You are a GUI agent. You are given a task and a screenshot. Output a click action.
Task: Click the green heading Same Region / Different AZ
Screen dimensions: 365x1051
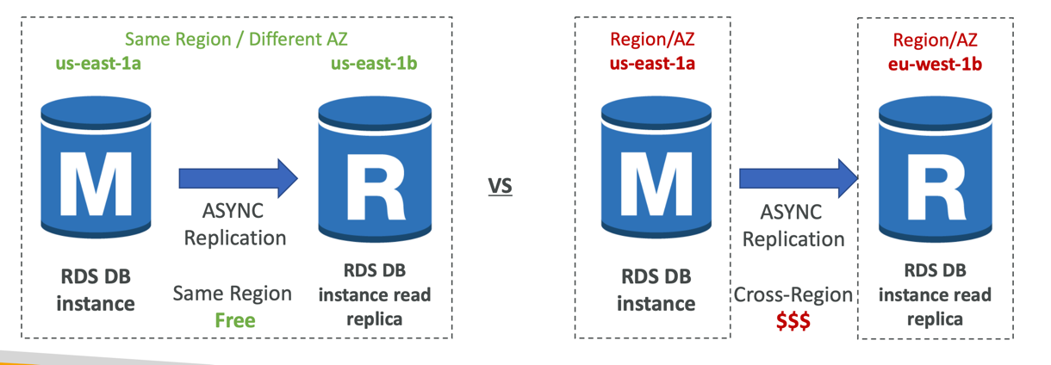point(236,39)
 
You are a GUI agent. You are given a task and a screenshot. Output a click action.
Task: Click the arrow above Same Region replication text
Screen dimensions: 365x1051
point(238,178)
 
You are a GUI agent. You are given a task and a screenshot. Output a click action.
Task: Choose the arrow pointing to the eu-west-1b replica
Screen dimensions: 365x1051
point(798,178)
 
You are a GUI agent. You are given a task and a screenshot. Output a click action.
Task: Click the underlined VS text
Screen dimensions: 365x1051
point(501,185)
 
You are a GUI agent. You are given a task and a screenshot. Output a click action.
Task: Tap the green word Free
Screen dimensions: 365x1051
point(235,320)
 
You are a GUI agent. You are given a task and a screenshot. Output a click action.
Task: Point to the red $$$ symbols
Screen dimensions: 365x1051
point(793,320)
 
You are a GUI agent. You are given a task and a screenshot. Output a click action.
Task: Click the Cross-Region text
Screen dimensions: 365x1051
point(793,295)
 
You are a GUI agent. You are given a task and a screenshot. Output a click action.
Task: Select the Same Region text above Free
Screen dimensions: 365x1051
point(233,294)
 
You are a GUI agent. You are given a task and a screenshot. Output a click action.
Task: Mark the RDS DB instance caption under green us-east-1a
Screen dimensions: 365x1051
point(96,290)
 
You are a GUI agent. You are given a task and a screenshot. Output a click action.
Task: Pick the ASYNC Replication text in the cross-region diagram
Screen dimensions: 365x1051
point(793,225)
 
